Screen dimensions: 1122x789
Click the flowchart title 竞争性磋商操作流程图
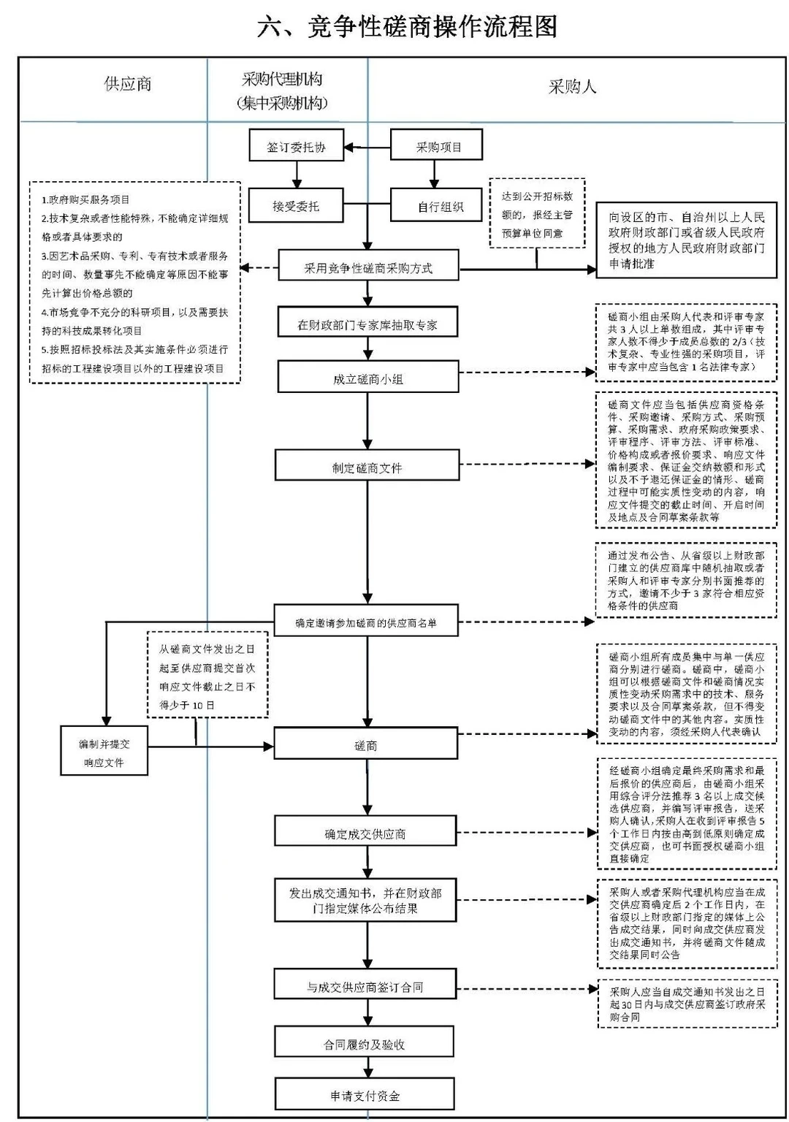click(407, 27)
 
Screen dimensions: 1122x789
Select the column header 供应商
click(128, 84)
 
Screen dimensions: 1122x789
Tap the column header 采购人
click(572, 87)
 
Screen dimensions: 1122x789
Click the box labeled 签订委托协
click(296, 147)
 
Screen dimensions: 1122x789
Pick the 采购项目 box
click(437, 147)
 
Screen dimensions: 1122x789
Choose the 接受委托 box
click(296, 206)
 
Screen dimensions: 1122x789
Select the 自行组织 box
click(437, 206)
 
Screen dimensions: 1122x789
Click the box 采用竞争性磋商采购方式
click(367, 268)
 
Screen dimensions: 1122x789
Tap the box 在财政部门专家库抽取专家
click(367, 325)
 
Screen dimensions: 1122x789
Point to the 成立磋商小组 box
click(367, 379)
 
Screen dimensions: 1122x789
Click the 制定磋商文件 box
click(367, 467)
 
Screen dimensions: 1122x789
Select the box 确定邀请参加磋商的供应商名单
click(366, 622)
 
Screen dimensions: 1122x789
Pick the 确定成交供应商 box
click(365, 834)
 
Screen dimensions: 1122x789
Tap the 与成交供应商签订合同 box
click(365, 987)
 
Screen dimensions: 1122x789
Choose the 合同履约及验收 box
click(365, 1045)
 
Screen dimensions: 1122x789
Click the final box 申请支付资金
click(365, 1096)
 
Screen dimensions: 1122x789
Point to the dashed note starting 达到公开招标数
click(537, 215)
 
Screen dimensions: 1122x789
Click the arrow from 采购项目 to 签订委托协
click(367, 148)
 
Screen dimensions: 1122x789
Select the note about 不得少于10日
click(207, 676)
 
